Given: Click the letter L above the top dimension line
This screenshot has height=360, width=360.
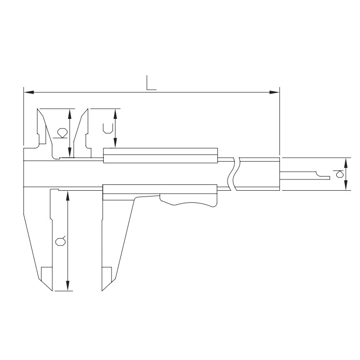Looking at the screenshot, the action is pyautogui.click(x=151, y=83).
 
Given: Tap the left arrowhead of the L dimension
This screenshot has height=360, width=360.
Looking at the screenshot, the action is pyautogui.click(x=29, y=92).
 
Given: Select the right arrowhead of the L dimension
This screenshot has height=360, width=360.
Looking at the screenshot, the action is pyautogui.click(x=274, y=92).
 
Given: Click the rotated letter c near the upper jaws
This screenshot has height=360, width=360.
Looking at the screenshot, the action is pyautogui.click(x=108, y=129).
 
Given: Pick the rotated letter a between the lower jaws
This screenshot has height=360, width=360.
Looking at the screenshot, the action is pyautogui.click(x=61, y=241).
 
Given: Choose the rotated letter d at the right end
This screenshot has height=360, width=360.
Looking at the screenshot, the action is pyautogui.click(x=339, y=174).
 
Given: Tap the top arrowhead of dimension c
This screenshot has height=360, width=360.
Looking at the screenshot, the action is pyautogui.click(x=115, y=114).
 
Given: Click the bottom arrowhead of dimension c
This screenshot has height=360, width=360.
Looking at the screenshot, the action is pyautogui.click(x=115, y=143).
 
